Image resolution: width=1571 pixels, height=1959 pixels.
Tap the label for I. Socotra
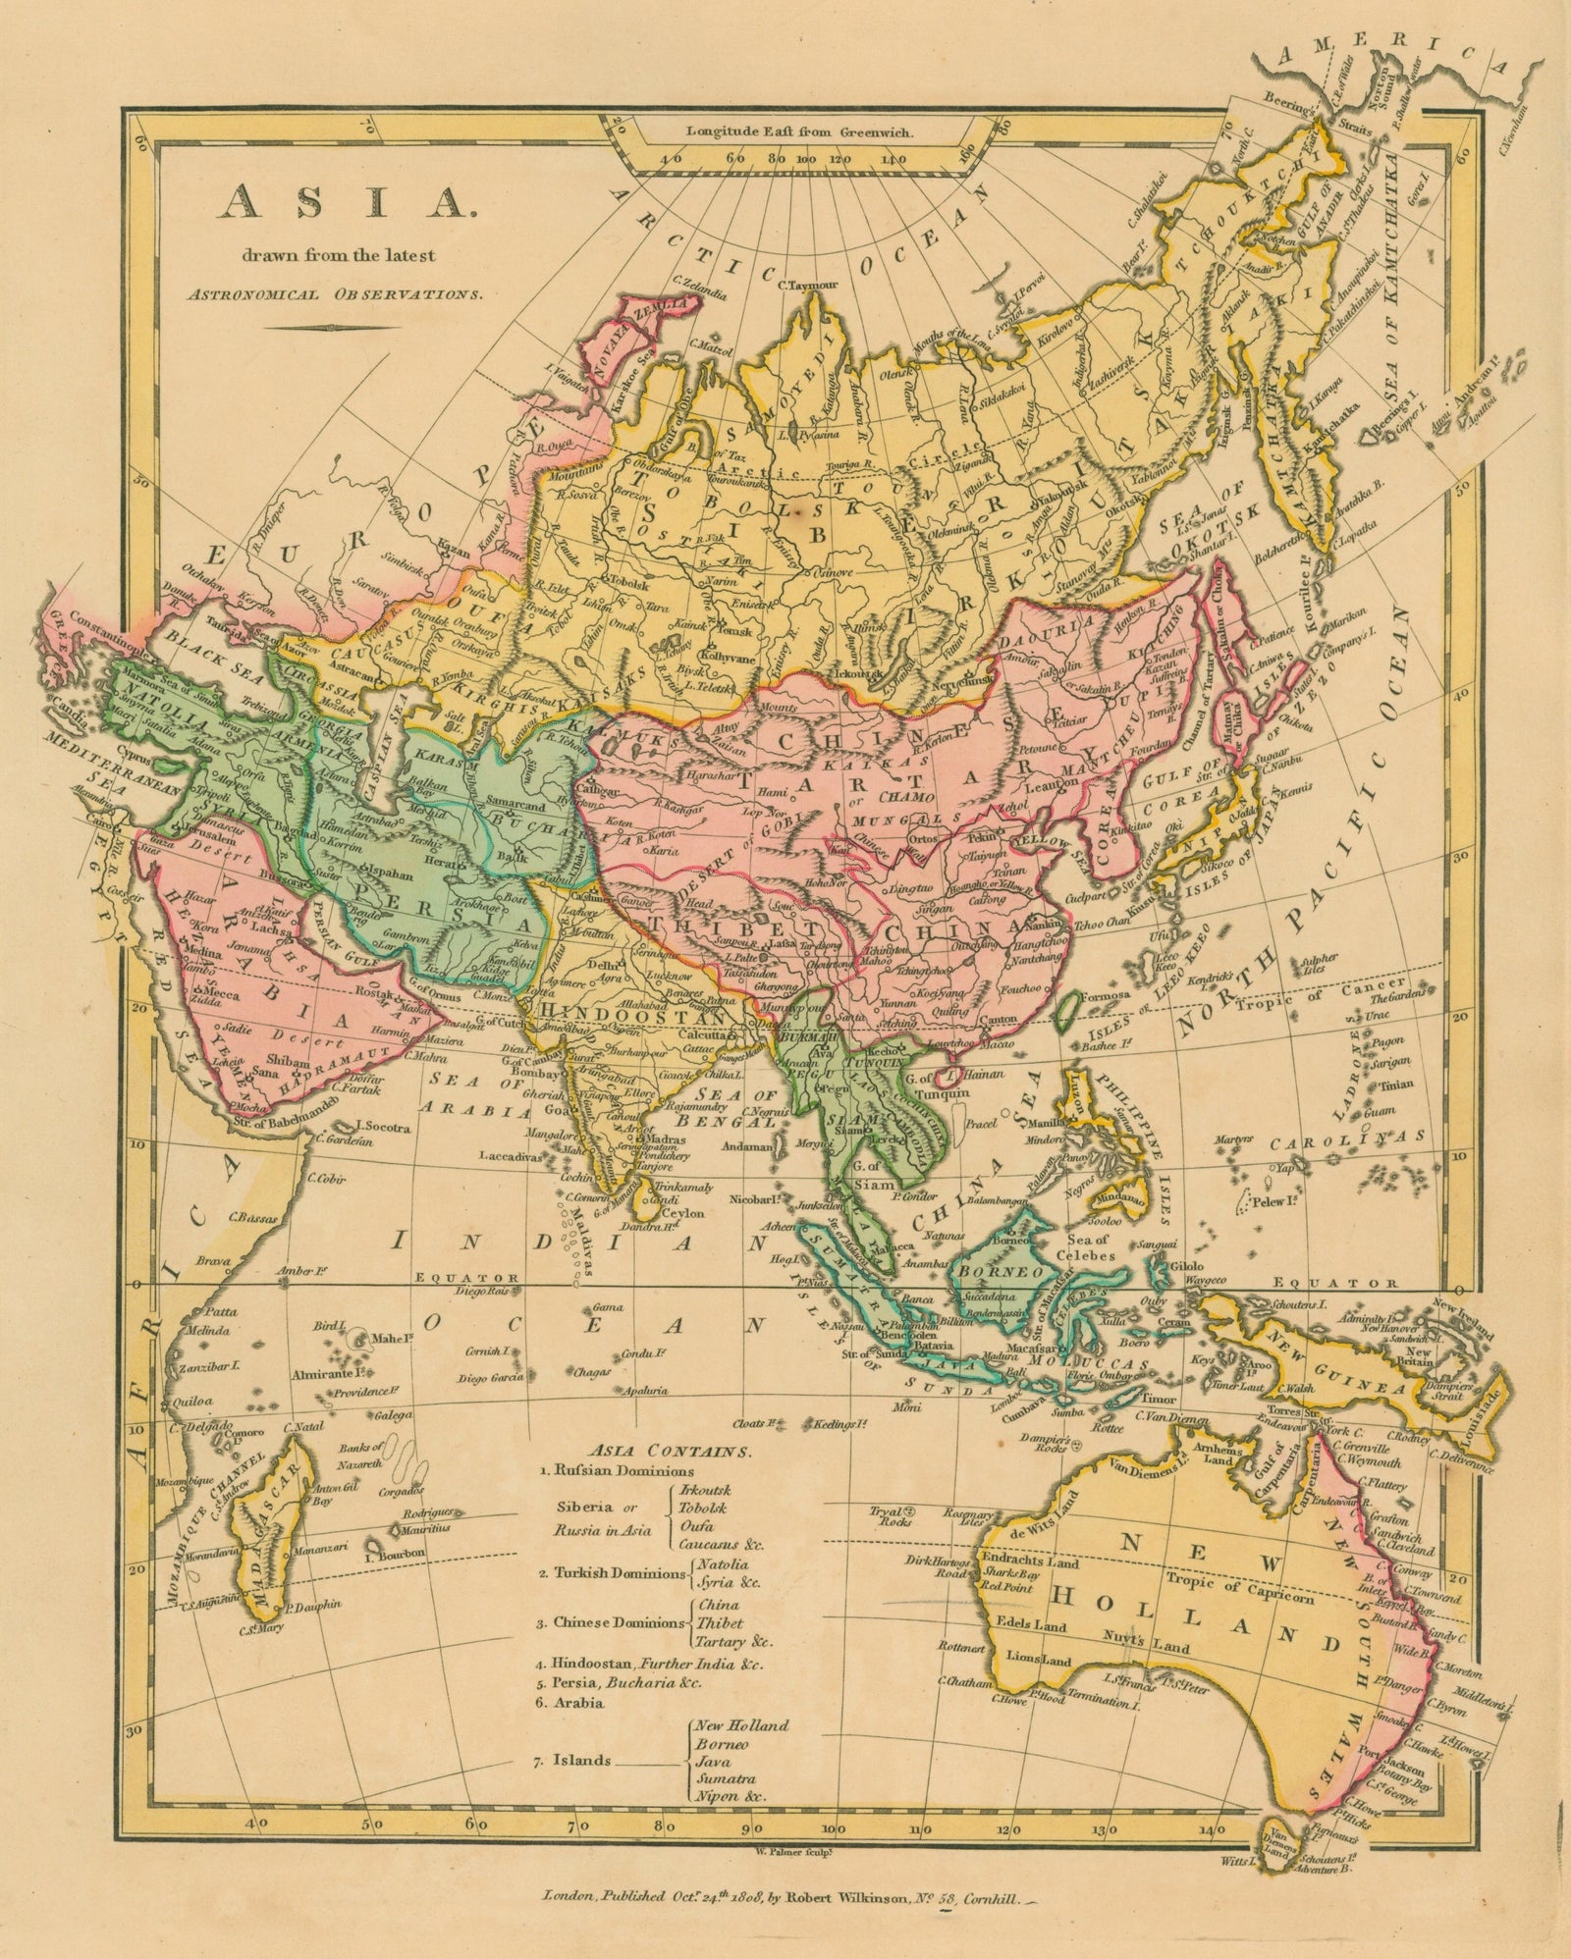[384, 1126]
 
